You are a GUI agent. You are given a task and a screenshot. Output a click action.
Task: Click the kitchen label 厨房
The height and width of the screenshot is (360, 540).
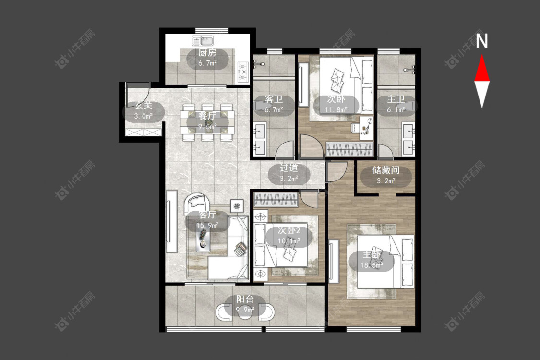coord(207,53)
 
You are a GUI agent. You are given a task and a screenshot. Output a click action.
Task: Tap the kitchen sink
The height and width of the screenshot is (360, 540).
coord(203,41)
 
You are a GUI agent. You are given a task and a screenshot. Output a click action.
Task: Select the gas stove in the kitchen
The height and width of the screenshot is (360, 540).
coord(243,72)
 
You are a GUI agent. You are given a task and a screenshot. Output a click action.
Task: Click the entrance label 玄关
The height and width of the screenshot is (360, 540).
coord(143,106)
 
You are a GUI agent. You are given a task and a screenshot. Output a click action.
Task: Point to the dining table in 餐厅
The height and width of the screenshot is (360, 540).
coord(207,122)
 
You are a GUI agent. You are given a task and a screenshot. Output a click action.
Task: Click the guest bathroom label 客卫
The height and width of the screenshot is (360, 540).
coord(274,99)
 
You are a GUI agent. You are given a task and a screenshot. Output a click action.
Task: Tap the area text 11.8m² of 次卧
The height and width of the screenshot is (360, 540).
coord(336,110)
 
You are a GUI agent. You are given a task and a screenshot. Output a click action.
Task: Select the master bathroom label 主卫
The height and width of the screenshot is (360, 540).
coord(396,99)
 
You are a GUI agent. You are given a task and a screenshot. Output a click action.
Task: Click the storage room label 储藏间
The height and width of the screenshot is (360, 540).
coord(386,170)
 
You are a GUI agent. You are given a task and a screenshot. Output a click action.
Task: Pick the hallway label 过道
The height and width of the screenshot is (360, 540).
coord(288,168)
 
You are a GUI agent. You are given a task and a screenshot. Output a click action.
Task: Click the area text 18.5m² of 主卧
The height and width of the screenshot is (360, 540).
coord(372,265)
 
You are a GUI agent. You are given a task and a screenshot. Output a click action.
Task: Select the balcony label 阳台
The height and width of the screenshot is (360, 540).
coord(245,300)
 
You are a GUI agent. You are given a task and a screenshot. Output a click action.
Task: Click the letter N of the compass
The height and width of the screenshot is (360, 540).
coord(482,41)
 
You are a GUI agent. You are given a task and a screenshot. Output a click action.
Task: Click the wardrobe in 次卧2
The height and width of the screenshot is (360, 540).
coord(276,200)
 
